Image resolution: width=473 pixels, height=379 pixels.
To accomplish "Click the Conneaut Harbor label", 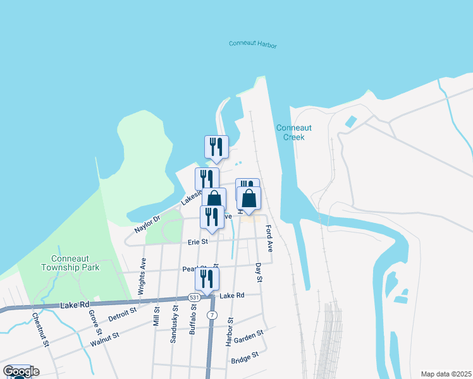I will (253, 44).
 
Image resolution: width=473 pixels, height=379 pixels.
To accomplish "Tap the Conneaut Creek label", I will (290, 132).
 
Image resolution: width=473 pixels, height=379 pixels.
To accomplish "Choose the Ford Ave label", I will (269, 238).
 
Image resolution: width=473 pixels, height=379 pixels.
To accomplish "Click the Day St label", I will (259, 273).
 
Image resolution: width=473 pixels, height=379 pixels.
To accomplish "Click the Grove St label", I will (95, 322).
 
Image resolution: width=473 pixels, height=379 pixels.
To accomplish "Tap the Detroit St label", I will (122, 314).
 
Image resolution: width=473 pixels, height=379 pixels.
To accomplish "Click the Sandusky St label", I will (175, 325).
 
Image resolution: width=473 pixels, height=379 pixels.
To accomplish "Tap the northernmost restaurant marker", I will (216, 147).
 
